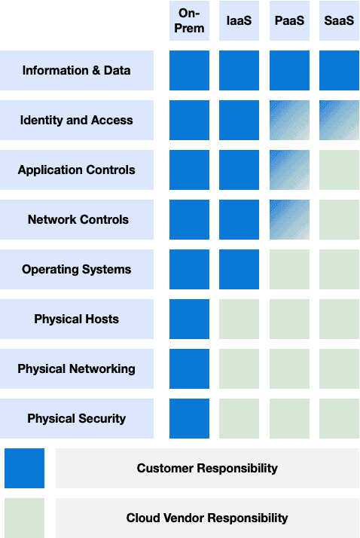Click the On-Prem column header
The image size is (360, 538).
point(189,20)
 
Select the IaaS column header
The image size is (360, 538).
point(239,20)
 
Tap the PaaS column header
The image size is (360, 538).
point(289,20)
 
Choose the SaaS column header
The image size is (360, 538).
point(339,20)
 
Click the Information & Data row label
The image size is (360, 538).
point(77,70)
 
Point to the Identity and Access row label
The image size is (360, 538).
point(77,120)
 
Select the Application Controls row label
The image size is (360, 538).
point(77,170)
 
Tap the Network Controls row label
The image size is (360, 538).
point(77,219)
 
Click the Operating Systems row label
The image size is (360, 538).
point(77,269)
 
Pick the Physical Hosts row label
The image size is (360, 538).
point(77,319)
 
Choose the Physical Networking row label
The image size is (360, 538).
point(77,369)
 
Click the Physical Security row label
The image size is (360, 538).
point(77,419)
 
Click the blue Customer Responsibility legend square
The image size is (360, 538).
point(24,468)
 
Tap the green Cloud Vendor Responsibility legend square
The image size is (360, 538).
point(24,518)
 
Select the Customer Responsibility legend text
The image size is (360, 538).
point(207,468)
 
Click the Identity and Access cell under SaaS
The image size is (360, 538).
point(339,120)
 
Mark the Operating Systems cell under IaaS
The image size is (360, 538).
point(239,269)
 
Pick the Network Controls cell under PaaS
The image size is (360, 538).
point(289,219)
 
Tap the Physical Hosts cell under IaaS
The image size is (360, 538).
point(239,319)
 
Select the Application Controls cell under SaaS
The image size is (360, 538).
point(339,170)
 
